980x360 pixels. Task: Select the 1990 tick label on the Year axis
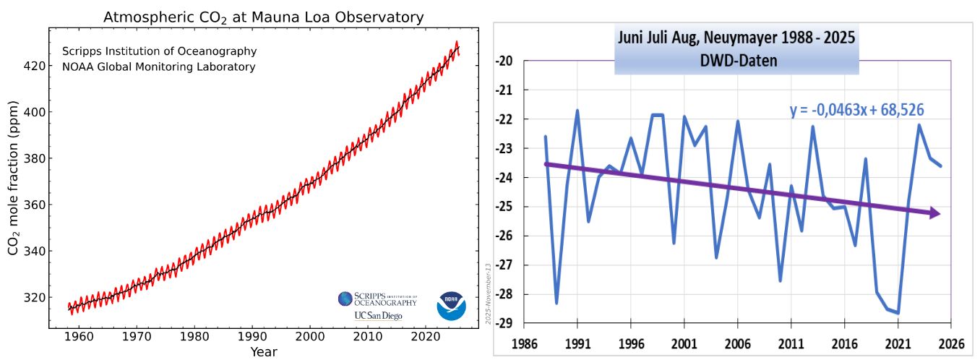click(x=252, y=337)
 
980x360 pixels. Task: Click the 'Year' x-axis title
click(x=264, y=352)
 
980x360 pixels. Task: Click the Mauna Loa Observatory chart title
click(x=263, y=17)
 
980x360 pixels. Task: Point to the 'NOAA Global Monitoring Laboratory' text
click(x=158, y=67)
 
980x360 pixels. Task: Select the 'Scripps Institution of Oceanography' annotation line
click(x=159, y=52)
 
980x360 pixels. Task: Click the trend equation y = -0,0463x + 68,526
click(x=857, y=111)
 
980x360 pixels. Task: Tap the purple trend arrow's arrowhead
click(x=934, y=213)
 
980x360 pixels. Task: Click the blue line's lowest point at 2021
click(x=898, y=313)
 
